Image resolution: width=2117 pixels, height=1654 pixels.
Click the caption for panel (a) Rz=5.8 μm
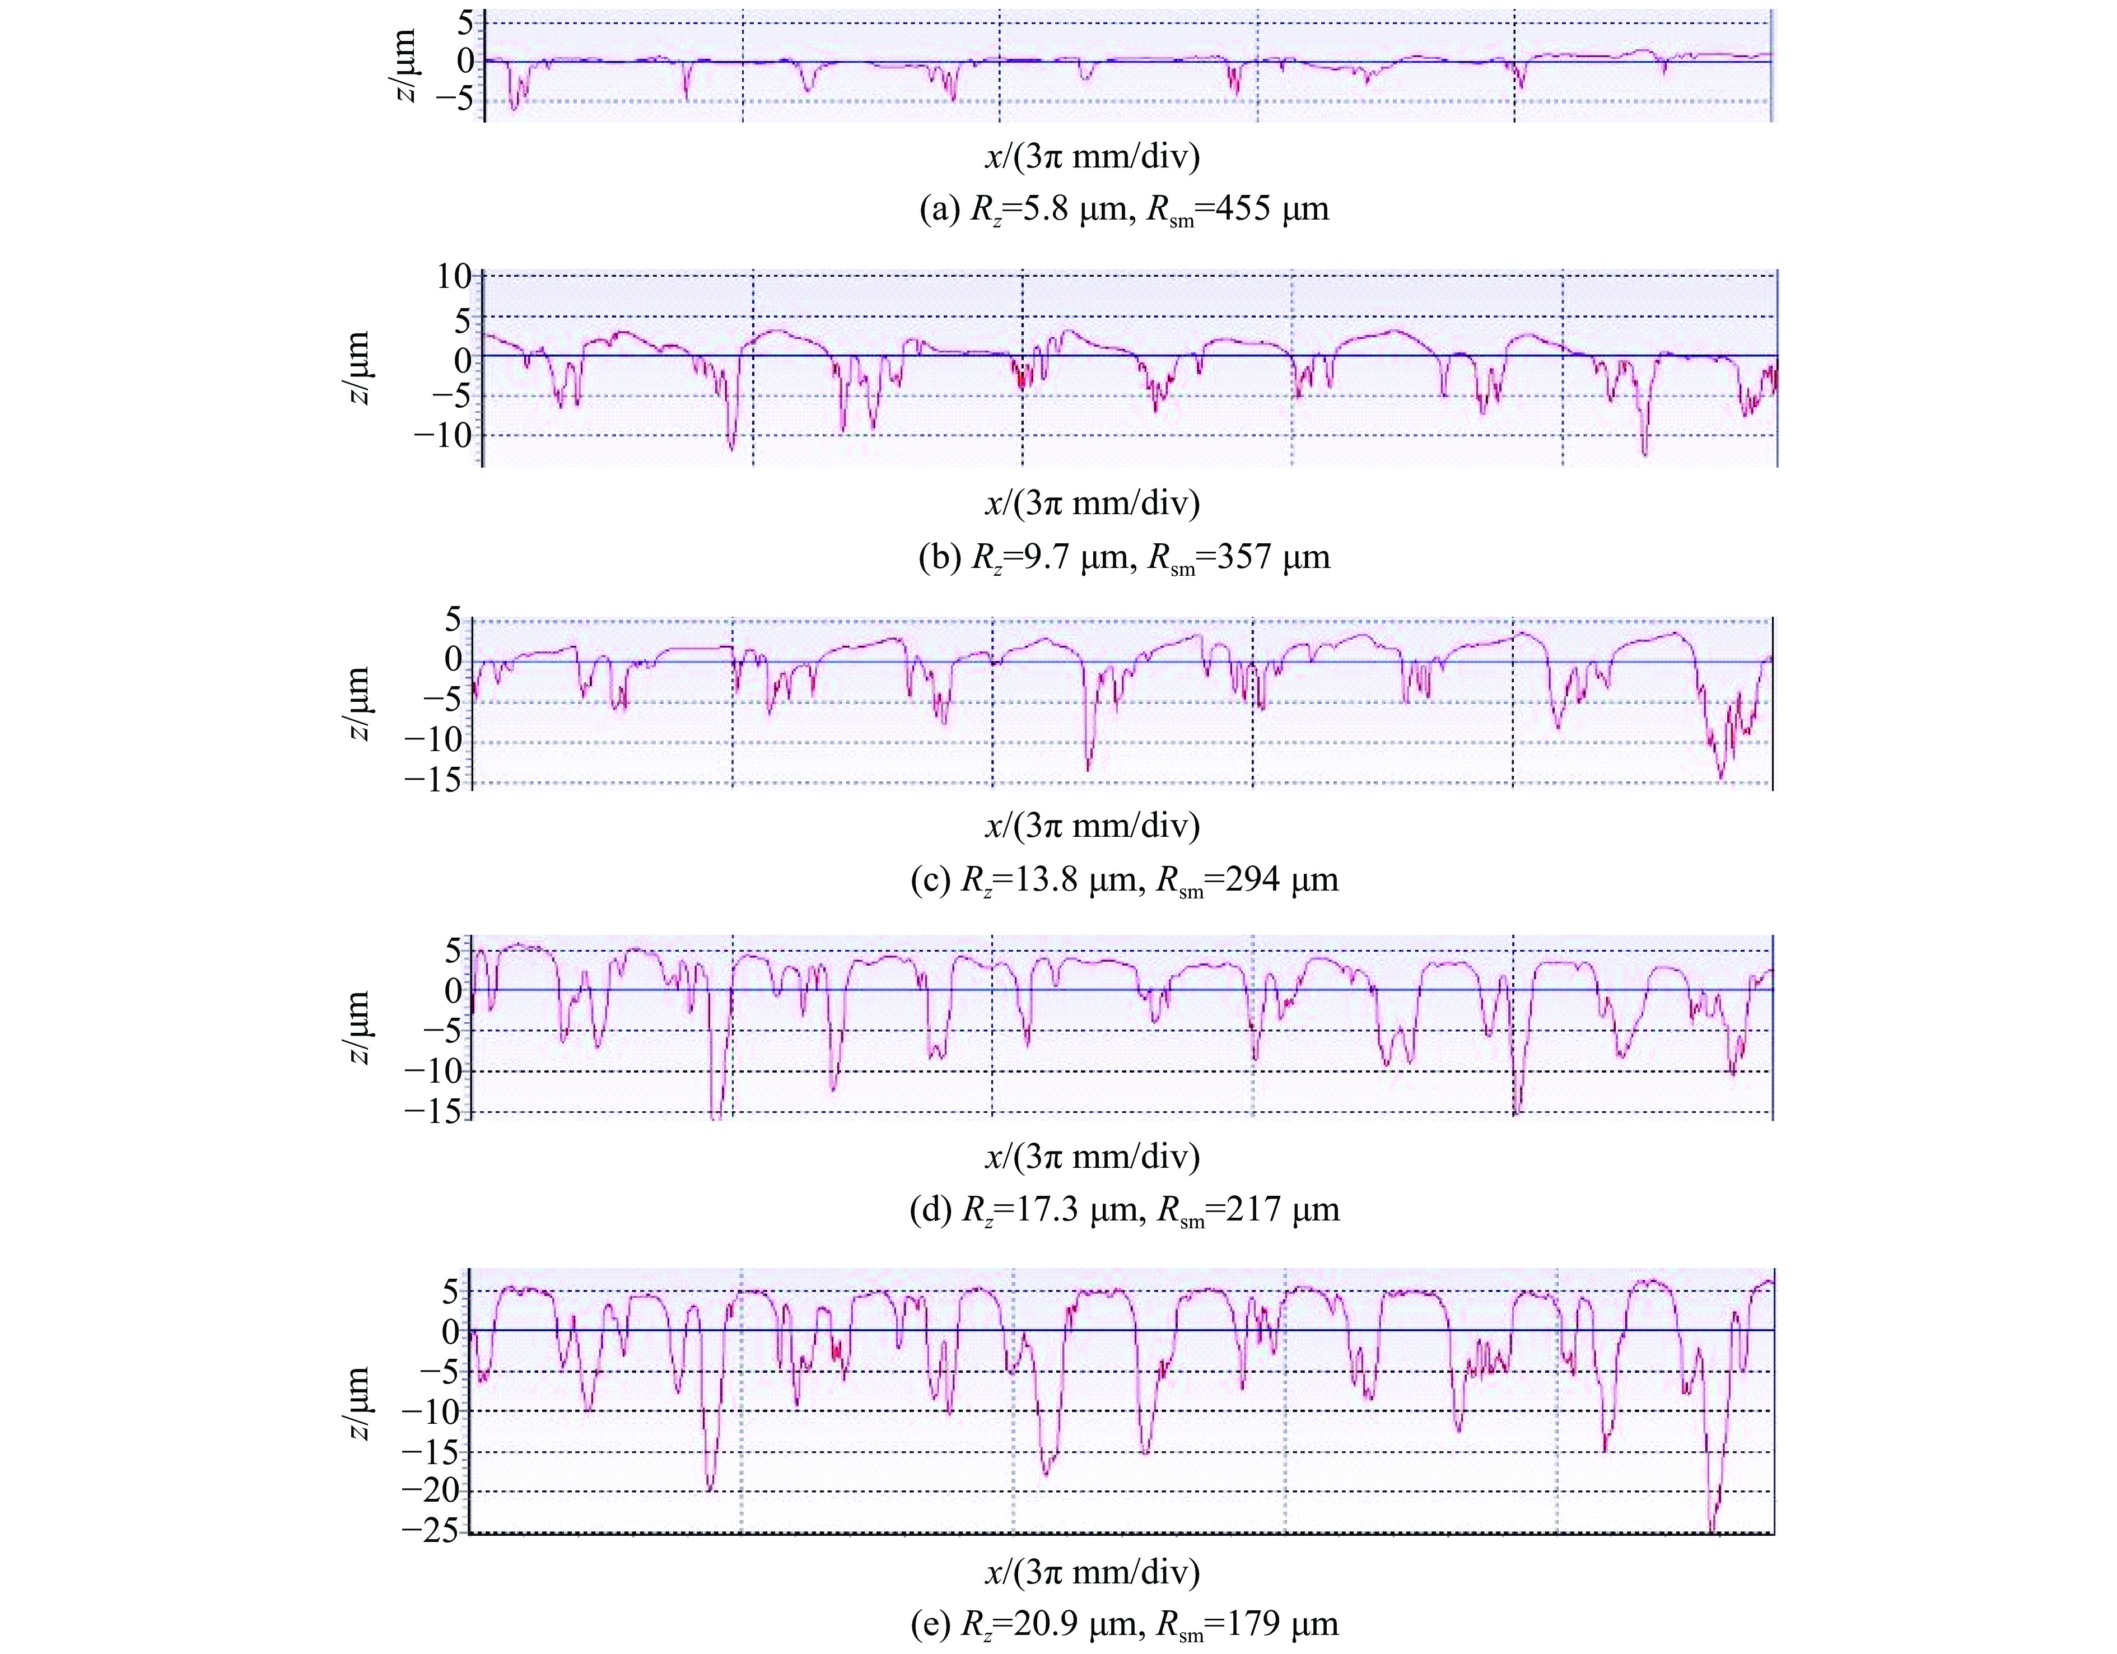(x=1125, y=209)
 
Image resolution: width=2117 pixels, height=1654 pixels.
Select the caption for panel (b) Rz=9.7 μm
(x=1125, y=557)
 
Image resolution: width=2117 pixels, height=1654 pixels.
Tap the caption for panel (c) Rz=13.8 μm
(x=1125, y=879)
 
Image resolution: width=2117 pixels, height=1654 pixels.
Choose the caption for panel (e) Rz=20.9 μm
(x=1125, y=1623)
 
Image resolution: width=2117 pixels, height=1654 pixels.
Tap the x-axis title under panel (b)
(x=1093, y=502)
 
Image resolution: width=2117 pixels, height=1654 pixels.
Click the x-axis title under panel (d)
(x=1093, y=1156)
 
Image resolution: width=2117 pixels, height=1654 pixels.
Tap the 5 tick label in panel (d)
(x=453, y=950)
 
